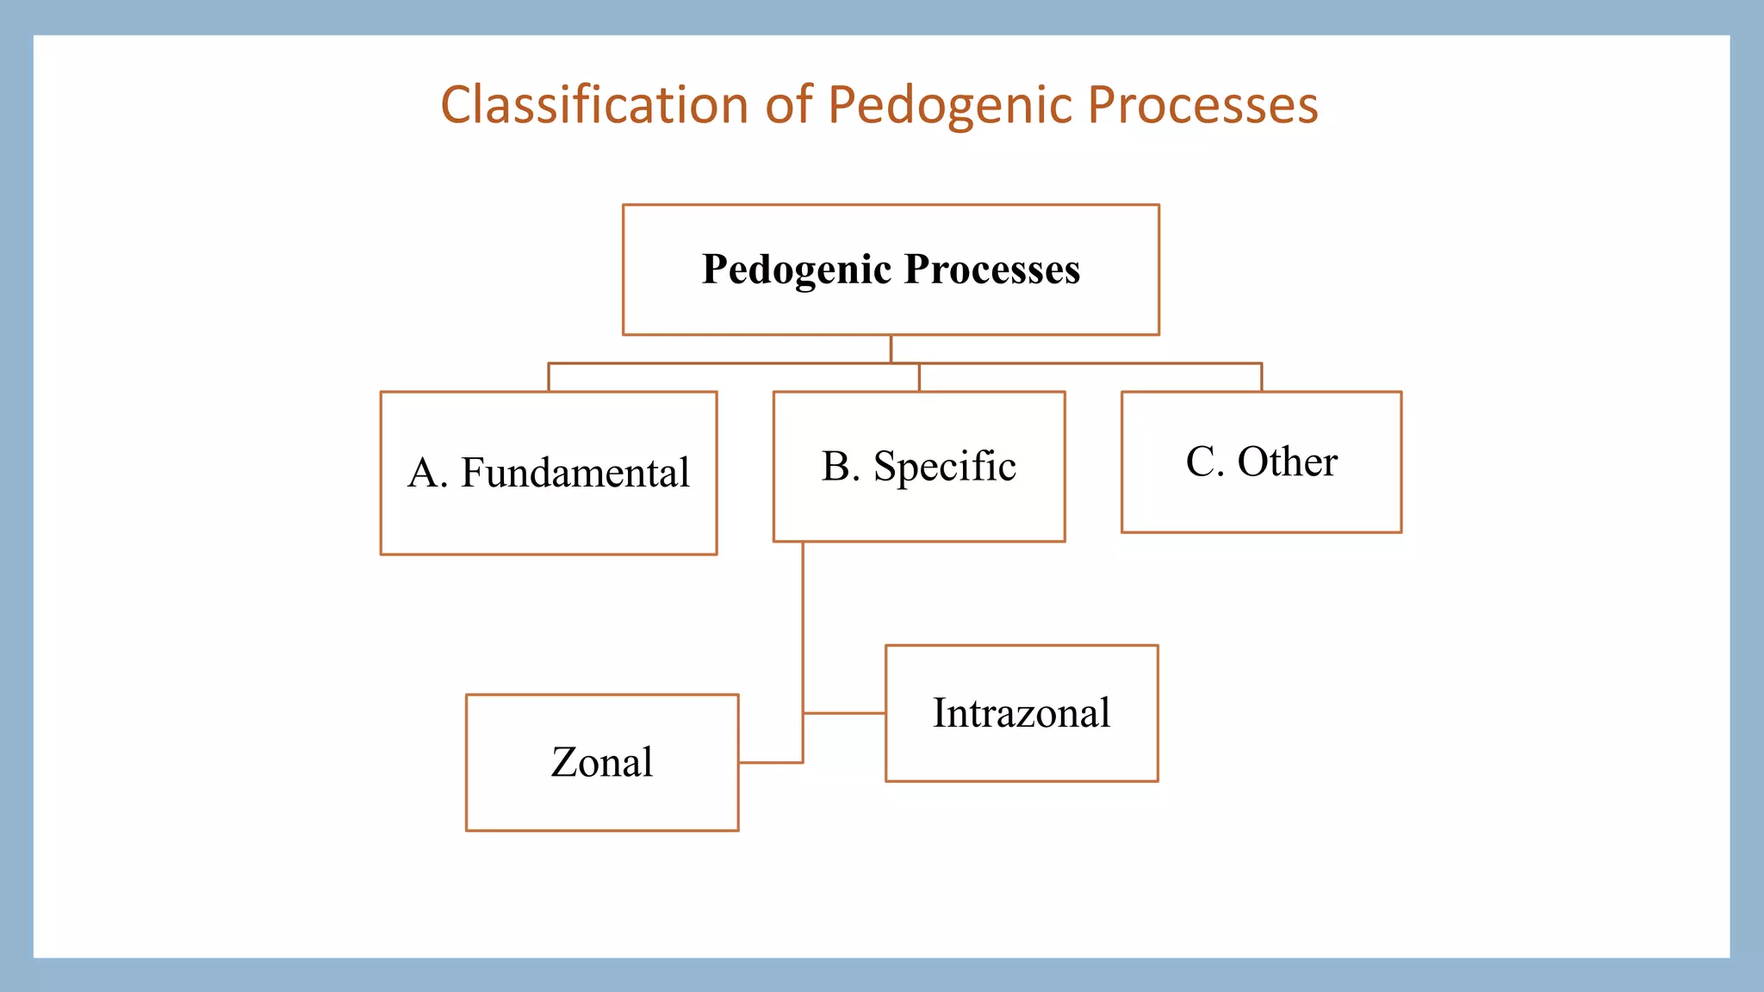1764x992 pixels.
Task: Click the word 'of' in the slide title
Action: click(789, 105)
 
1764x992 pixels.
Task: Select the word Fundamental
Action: click(575, 473)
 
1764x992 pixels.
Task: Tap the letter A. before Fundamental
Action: click(427, 473)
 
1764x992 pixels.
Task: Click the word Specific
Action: click(944, 467)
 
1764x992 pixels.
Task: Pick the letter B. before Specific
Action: click(840, 467)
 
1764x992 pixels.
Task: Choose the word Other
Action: click(1287, 462)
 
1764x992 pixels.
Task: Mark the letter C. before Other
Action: click(1204, 462)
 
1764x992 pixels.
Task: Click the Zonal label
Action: click(601, 762)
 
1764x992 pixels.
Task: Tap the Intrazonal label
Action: click(1021, 713)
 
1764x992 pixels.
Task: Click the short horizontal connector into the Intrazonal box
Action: click(844, 713)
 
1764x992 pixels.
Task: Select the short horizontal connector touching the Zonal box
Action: click(770, 762)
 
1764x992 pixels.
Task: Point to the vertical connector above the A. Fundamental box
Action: click(549, 377)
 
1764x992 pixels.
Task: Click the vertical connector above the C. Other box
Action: click(1262, 377)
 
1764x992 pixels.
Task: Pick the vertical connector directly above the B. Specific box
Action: click(919, 378)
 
